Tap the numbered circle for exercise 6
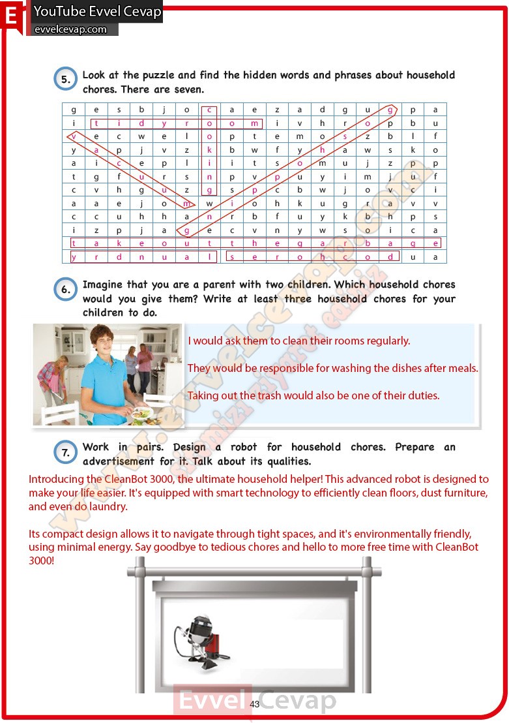65,290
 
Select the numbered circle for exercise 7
65,452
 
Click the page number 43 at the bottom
255,704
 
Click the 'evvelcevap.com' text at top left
70,29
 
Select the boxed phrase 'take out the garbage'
255,243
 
